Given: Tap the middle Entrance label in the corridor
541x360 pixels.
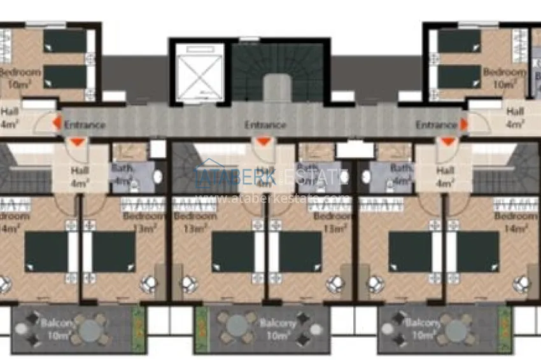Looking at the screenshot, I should click(x=265, y=125).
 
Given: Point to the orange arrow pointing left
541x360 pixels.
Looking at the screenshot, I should click(x=57, y=123).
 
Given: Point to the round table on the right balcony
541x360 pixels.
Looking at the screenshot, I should click(x=456, y=329).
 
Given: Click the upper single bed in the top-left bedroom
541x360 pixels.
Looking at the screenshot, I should click(x=65, y=42).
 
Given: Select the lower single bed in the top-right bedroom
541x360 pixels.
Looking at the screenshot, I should click(x=459, y=77).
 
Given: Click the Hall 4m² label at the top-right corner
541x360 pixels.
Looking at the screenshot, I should click(x=516, y=117).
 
